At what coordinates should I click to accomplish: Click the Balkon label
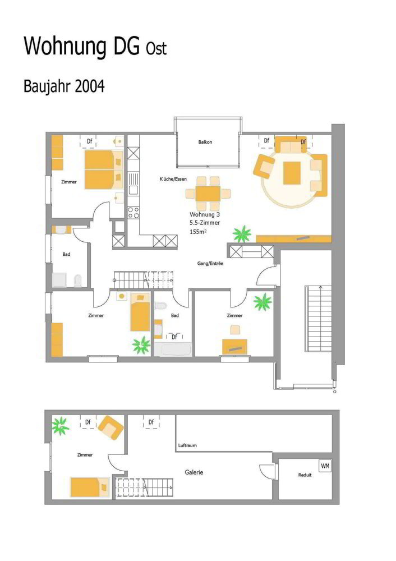coord(205,142)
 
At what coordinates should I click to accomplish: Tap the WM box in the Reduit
coord(325,466)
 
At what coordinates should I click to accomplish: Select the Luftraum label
coord(187,445)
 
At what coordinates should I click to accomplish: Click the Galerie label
coord(194,472)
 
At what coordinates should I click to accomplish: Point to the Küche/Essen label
coord(173,179)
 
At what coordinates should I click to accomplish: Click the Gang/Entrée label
coord(210,263)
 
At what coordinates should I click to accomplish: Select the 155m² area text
coord(198,232)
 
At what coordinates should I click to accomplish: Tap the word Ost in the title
coord(156,49)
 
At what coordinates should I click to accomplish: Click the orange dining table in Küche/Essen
coord(208,194)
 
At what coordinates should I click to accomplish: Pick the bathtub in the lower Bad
coord(173,349)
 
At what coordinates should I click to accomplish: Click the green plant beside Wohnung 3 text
coord(242,233)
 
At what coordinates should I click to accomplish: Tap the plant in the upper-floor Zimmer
coord(61,426)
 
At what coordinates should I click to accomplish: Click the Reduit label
coord(305,475)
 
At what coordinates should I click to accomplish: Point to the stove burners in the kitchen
coord(133,212)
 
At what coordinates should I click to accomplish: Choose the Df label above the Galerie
coord(151,422)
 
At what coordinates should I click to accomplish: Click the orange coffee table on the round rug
coord(292,173)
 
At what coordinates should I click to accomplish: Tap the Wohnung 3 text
coord(205,215)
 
